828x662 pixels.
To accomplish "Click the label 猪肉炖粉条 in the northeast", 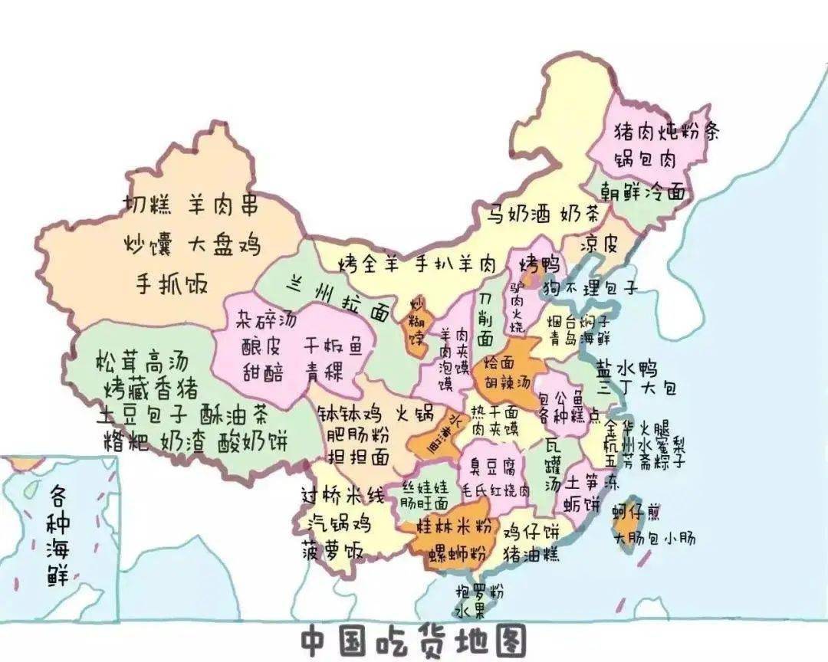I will coord(666,132).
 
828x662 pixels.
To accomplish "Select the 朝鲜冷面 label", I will coord(642,192).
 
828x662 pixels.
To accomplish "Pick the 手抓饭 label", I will coord(172,283).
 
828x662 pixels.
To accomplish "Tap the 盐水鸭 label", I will coord(625,369).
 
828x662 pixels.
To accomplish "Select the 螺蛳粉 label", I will coord(458,553).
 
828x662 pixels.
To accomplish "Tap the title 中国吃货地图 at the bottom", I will coord(413,641).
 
